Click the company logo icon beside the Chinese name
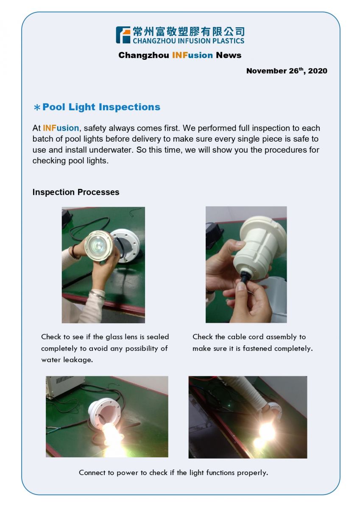(123, 35)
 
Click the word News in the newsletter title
(229, 55)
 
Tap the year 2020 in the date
(318, 71)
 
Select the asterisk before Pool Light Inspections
(37, 107)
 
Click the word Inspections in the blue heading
(129, 107)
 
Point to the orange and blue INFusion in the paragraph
(61, 128)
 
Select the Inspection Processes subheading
(76, 192)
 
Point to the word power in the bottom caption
(127, 473)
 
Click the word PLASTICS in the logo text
(228, 41)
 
